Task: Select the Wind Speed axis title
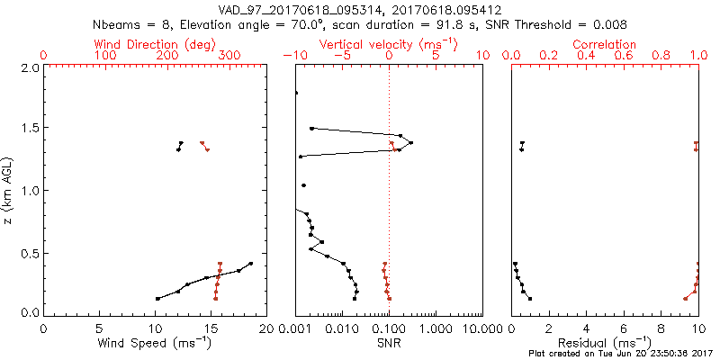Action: pos(155,343)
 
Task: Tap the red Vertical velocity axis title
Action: pos(389,44)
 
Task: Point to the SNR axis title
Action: pos(390,343)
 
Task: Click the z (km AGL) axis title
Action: pos(10,190)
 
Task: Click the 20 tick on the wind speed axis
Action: pos(265,328)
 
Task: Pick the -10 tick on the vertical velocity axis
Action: pos(295,56)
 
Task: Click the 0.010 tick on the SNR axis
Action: pos(342,328)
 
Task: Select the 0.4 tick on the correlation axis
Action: pos(586,56)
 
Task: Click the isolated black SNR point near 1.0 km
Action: pos(303,185)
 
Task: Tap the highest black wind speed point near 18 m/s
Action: pos(251,264)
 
